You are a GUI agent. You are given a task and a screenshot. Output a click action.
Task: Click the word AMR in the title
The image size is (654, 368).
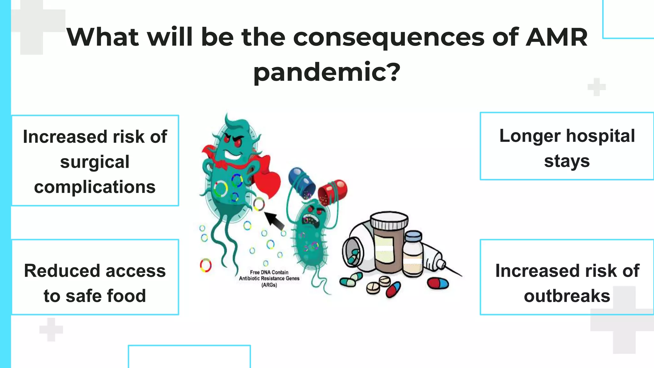[556, 37]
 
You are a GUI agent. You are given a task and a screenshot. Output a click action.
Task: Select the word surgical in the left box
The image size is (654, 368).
[95, 162]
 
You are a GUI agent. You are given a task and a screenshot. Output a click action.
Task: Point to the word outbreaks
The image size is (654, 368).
[567, 296]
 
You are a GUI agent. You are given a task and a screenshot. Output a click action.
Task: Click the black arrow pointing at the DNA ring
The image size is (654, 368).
[274, 220]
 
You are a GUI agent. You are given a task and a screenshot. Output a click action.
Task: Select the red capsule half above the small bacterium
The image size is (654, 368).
[332, 192]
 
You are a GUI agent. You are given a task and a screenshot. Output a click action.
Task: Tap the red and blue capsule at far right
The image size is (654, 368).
[438, 283]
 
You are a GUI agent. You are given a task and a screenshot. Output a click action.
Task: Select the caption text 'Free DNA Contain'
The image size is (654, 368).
[269, 272]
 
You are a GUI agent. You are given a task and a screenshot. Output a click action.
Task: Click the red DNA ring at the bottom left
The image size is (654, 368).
[206, 265]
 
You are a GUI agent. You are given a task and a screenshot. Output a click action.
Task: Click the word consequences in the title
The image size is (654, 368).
[389, 37]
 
